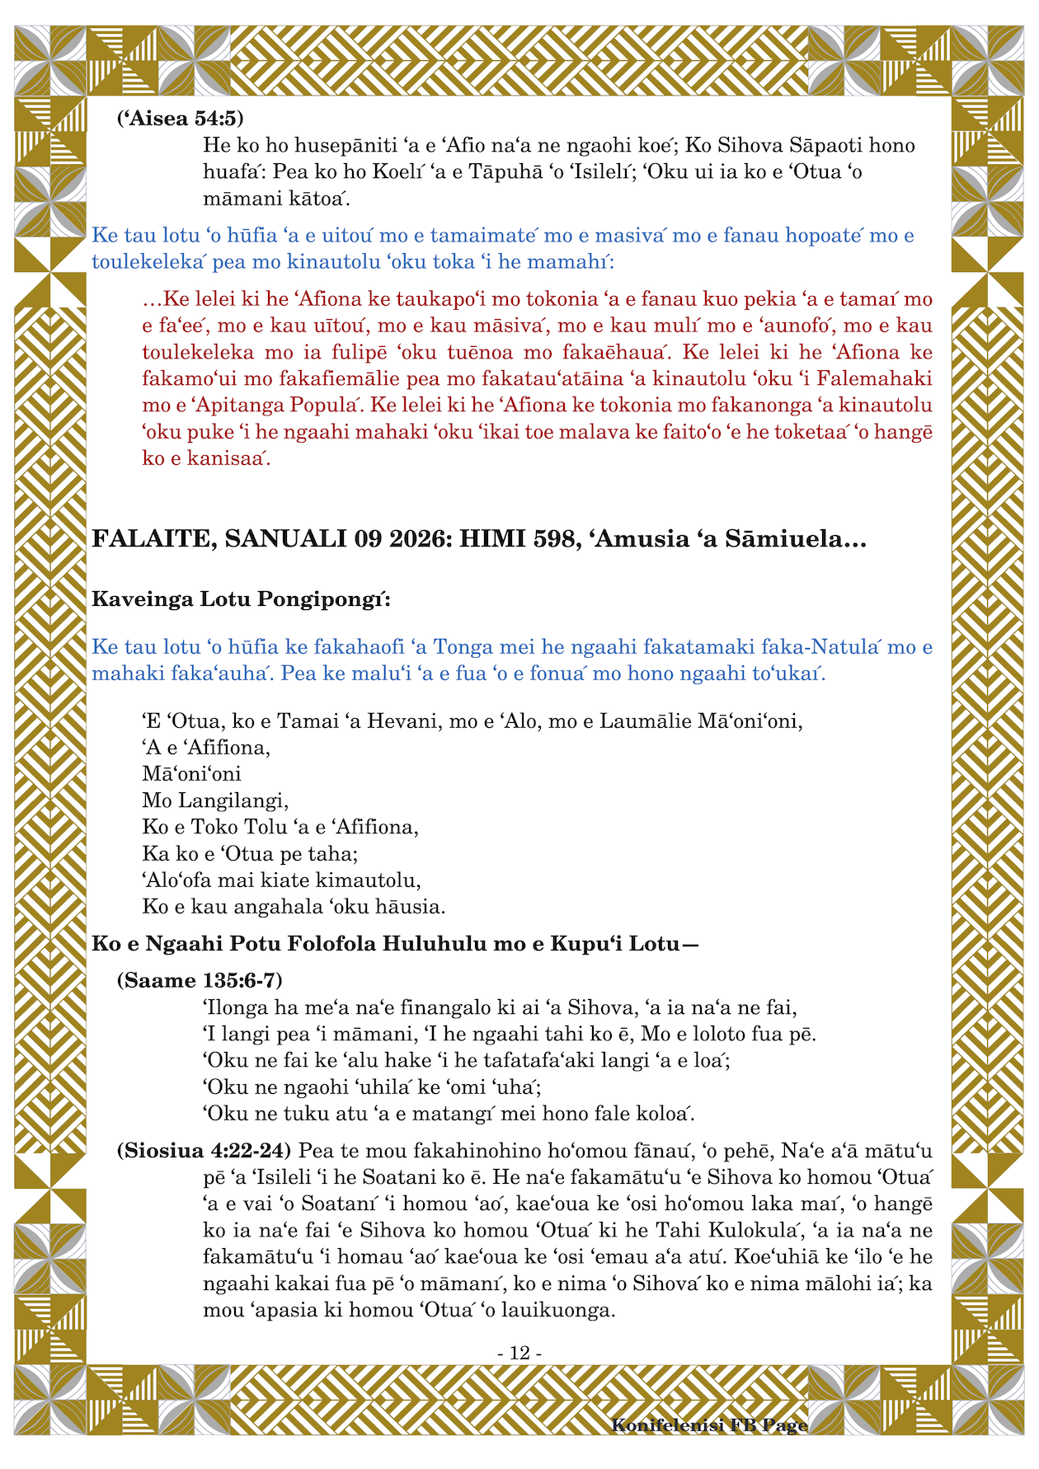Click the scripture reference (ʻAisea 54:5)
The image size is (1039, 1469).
click(180, 119)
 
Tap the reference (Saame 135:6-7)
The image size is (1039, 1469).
click(200, 980)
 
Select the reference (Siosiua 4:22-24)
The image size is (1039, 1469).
click(204, 1149)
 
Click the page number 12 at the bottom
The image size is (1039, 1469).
click(519, 1353)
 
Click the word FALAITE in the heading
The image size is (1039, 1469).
click(150, 539)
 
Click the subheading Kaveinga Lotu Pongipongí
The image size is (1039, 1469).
click(241, 598)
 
